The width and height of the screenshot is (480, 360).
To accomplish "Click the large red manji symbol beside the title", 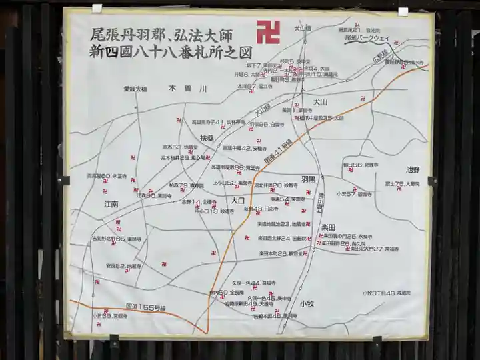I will (x=268, y=32).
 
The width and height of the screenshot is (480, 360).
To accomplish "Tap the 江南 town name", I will (x=111, y=204).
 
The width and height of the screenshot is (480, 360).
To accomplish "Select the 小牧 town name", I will (x=307, y=303).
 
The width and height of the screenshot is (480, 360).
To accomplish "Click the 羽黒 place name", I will (x=308, y=180).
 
